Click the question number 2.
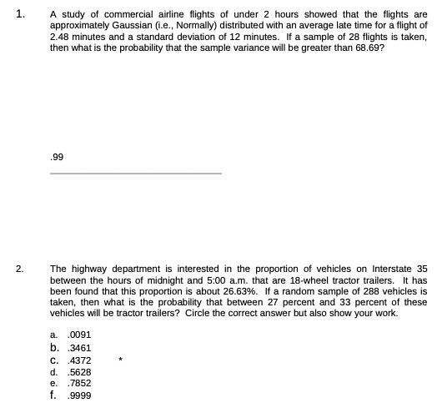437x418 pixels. point(19,269)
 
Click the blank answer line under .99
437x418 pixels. point(136,173)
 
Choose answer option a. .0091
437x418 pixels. point(70,335)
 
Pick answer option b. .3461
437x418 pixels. point(71,348)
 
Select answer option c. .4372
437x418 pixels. point(71,360)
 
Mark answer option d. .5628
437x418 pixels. point(71,372)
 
